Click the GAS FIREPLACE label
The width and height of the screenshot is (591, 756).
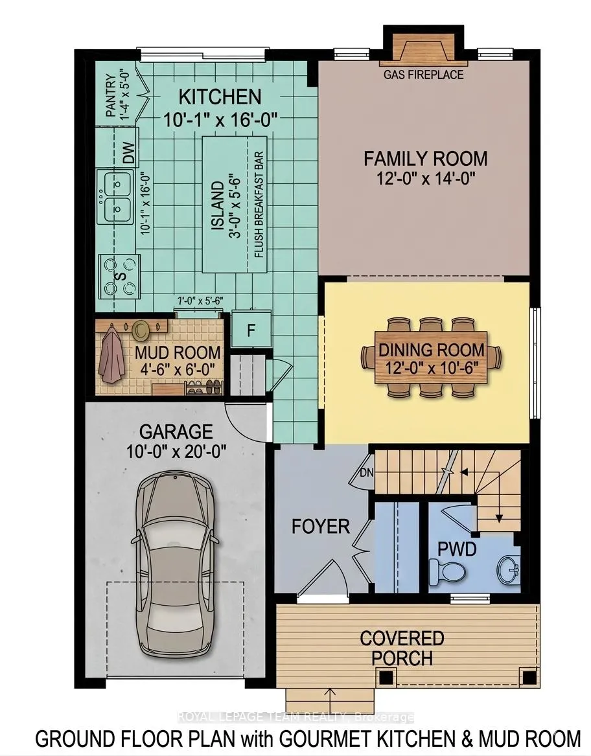(423, 74)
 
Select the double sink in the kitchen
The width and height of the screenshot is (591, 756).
(115, 196)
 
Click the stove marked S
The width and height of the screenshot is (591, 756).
(120, 276)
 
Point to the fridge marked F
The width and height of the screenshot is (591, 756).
(251, 330)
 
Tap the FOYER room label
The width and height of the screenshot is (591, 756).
(320, 527)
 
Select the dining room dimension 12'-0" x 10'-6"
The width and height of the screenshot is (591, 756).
(432, 369)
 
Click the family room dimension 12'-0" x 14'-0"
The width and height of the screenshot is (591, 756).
(425, 179)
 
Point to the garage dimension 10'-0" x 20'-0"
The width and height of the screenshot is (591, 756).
(176, 452)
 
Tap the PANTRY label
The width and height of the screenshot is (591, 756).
(110, 95)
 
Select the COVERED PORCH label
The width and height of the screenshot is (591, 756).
(402, 648)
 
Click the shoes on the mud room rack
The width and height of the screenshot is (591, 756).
(205, 387)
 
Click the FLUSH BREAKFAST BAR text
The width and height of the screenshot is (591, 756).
(259, 205)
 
